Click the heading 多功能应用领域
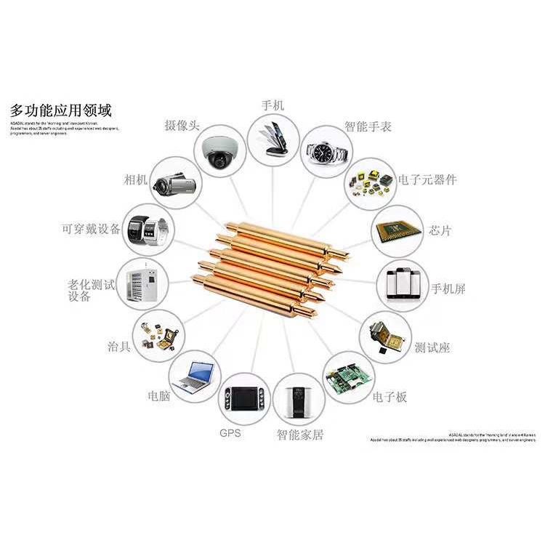point(61,111)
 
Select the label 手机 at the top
point(272,105)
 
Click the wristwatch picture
point(326,152)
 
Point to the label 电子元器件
point(428,179)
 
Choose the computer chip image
point(397,231)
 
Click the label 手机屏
point(448,288)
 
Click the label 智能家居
point(299,435)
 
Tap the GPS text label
point(230,433)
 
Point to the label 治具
point(119,346)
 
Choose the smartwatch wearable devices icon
point(148,230)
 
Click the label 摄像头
point(182,126)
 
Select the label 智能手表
point(368,126)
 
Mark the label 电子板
point(389,397)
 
